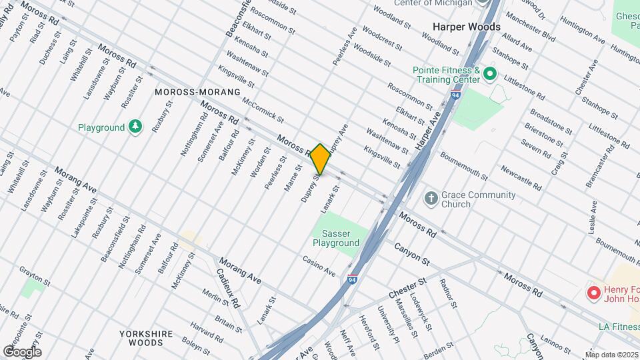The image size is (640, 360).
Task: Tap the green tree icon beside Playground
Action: [135, 126]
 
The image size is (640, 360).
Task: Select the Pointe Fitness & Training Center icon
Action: [491, 73]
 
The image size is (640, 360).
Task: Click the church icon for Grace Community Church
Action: [431, 198]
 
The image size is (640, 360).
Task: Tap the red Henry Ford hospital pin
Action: [592, 293]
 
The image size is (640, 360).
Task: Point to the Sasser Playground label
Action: [336, 238]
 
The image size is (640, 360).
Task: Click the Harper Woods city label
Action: [466, 27]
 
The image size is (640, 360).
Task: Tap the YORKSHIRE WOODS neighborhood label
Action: [146, 337]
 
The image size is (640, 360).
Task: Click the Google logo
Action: [22, 352]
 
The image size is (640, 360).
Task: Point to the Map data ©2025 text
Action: [611, 355]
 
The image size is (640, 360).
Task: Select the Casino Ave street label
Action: [319, 266]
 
